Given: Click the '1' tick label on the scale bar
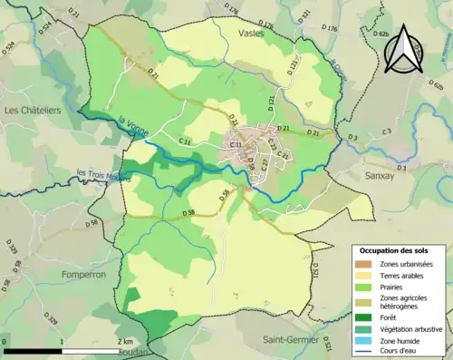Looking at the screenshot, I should coord(63,341).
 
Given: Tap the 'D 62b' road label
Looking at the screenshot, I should coord(380,34).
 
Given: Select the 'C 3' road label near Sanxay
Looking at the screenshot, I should coord(386,132).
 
